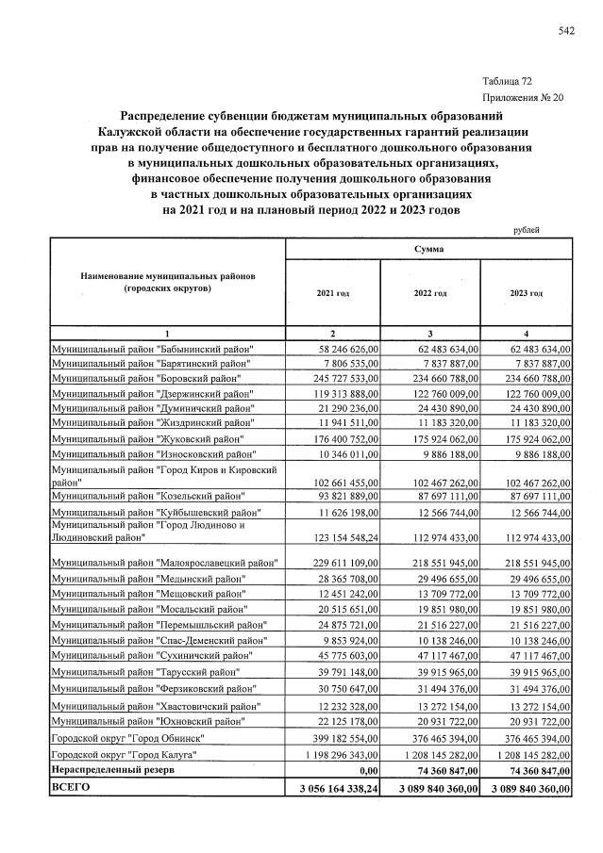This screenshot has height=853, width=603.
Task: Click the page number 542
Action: [566, 31]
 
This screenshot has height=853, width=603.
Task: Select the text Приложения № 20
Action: [522, 97]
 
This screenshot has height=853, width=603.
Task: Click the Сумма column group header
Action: [429, 249]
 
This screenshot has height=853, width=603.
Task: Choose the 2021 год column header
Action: [333, 294]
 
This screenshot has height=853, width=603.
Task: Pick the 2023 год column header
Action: [527, 294]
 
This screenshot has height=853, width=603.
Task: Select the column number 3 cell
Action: [429, 334]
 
